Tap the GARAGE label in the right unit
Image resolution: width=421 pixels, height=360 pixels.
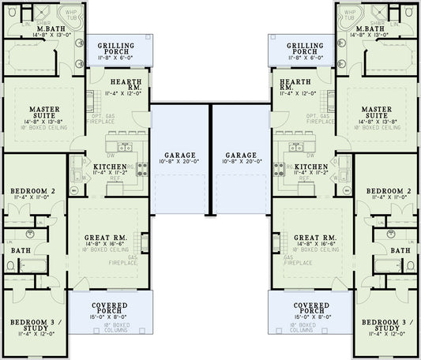240,155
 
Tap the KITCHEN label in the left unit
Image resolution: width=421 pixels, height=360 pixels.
111,167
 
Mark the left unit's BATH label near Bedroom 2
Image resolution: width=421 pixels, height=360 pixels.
21,250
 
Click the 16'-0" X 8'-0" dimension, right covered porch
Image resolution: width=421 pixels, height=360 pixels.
310,316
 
